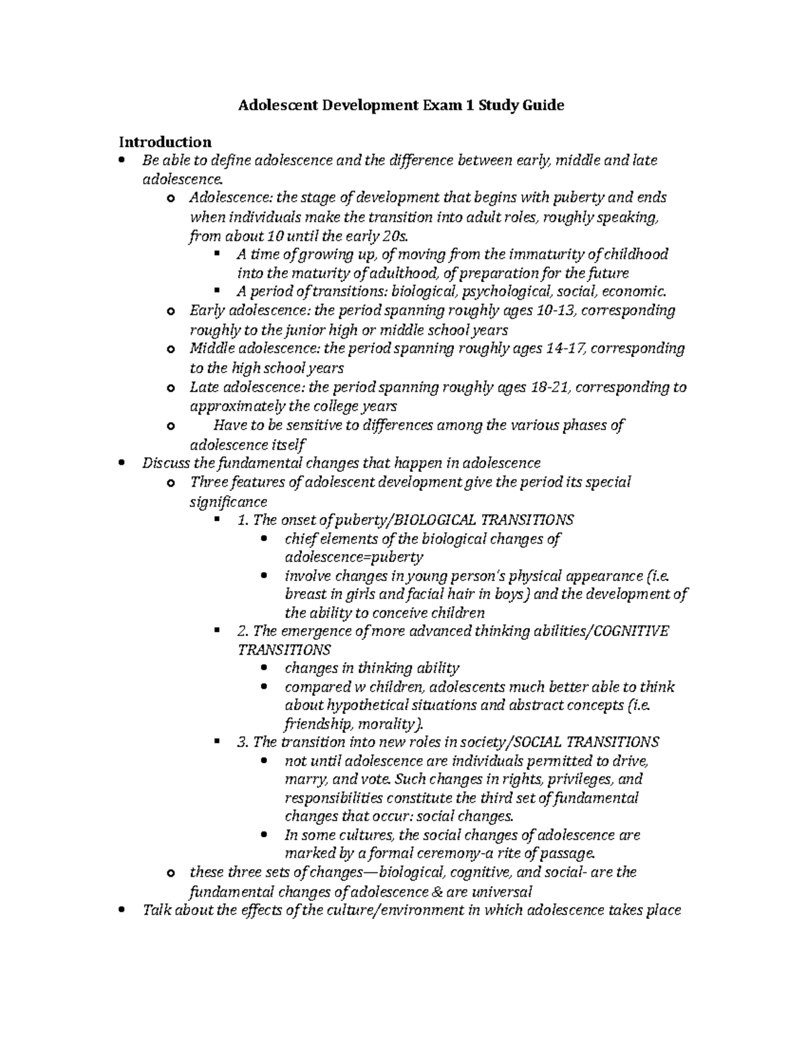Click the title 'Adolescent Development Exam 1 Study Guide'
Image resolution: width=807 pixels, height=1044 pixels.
(401, 106)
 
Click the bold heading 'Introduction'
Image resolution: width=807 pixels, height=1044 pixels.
(165, 142)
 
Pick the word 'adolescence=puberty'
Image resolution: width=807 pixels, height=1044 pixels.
(354, 557)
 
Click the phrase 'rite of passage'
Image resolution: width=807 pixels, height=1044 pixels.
(549, 854)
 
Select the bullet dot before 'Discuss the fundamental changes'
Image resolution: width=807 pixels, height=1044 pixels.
(121, 463)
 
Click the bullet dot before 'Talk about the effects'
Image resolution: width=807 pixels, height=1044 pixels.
(121, 911)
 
